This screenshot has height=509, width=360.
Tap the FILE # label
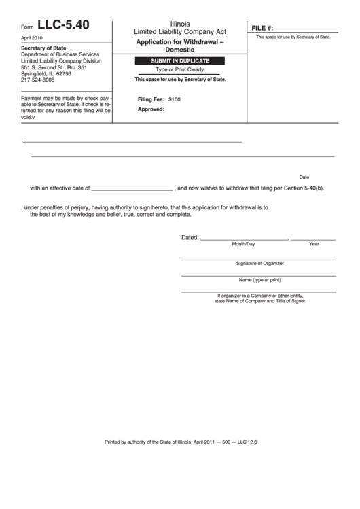(x=262, y=28)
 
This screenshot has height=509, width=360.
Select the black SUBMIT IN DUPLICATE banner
(x=180, y=61)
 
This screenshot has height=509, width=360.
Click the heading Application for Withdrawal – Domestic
(x=180, y=46)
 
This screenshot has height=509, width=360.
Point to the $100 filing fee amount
(x=175, y=99)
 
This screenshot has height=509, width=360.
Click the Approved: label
(x=151, y=109)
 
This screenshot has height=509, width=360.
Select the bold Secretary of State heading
(x=44, y=48)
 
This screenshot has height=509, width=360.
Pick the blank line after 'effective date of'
(x=132, y=190)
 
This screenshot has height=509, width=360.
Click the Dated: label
(x=190, y=238)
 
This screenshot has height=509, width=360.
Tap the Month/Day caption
(x=243, y=243)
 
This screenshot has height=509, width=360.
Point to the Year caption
(x=314, y=243)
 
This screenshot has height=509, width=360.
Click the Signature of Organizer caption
(x=259, y=263)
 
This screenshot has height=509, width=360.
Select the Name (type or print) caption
(x=259, y=279)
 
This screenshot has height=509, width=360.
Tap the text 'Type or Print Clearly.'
(x=180, y=70)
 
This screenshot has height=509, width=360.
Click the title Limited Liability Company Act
(x=180, y=31)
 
